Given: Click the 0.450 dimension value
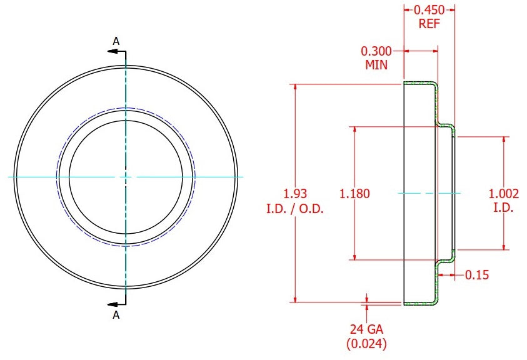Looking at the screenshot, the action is point(429,10).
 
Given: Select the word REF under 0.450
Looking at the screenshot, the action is point(429,24).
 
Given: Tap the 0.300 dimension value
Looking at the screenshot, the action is point(376,51).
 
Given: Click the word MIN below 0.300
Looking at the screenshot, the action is point(376,64).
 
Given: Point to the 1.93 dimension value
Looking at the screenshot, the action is point(296,194).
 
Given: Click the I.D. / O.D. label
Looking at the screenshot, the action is point(295,209).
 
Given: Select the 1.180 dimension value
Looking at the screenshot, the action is point(354,194).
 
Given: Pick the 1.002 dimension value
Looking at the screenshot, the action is point(503,194).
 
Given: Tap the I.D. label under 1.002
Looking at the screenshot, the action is point(503,208).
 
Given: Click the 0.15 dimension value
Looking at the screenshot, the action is point(477,275).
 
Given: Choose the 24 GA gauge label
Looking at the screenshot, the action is point(366,329).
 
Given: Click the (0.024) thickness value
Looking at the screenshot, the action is point(366,344).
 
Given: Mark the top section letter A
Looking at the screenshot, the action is point(116,41).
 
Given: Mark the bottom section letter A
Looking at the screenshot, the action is point(116,315).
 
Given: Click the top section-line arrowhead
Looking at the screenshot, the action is point(113,51).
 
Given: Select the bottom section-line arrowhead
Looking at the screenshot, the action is point(113,304).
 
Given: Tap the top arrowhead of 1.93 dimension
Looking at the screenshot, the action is point(296,87).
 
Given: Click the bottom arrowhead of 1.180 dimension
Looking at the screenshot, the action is point(355,256).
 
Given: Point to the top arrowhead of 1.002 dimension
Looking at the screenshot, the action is point(504,139).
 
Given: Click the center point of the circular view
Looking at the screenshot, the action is point(126,177).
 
